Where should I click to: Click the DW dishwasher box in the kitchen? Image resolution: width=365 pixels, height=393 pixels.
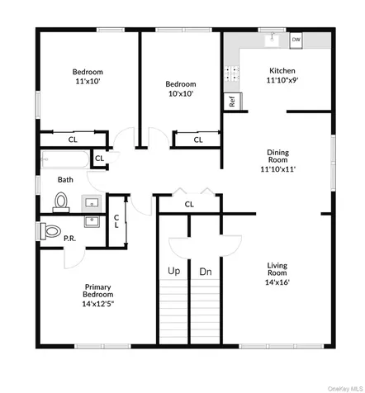click(296, 40)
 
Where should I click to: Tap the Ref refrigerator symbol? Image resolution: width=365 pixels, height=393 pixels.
click(232, 102)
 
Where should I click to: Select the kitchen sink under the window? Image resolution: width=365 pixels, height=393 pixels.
click(272, 40)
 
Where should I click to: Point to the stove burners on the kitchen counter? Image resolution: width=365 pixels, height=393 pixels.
click(231, 74)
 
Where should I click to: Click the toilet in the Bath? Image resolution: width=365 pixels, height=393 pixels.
click(61, 202)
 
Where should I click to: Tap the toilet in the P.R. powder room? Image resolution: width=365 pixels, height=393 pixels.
click(50, 231)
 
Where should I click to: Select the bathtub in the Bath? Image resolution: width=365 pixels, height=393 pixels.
click(65, 159)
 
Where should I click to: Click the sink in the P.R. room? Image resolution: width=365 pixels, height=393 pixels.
click(92, 221)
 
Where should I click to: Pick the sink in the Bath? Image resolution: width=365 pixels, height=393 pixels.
click(92, 203)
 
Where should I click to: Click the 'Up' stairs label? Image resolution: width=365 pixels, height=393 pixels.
click(174, 271)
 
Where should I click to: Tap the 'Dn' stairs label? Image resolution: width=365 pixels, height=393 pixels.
click(206, 272)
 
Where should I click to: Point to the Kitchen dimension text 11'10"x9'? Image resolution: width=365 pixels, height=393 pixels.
click(282, 80)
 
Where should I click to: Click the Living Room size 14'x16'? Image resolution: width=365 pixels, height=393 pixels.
click(277, 282)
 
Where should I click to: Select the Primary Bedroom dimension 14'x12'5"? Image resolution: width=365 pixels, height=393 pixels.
click(98, 304)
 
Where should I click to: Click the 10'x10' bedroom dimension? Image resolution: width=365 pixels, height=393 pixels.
click(181, 93)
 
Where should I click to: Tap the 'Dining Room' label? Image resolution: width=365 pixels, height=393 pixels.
click(278, 156)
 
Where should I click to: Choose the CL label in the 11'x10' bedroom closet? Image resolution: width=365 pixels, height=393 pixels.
click(73, 140)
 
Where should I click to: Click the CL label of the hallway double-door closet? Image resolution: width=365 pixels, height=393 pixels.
click(189, 204)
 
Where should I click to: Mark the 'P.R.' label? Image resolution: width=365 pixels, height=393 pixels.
click(69, 239)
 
